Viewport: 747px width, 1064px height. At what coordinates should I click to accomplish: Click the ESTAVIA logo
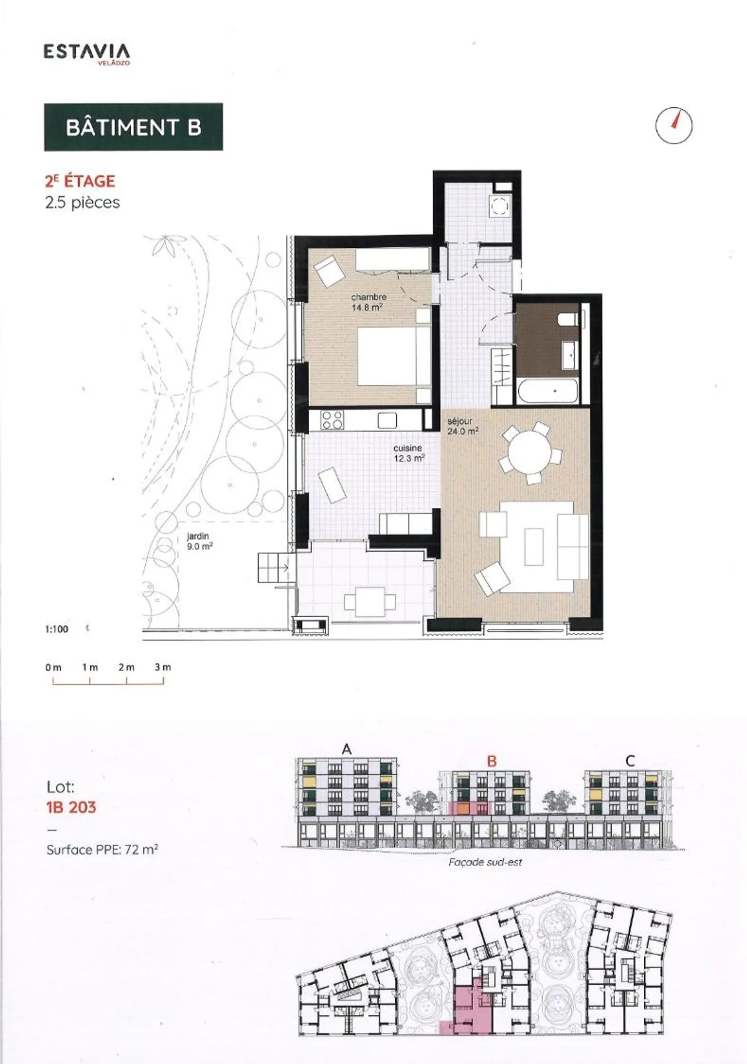86,53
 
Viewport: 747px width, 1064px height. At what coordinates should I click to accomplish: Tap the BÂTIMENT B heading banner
133,127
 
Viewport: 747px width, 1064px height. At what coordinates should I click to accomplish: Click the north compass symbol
674,125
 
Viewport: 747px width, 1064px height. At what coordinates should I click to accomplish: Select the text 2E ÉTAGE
80,181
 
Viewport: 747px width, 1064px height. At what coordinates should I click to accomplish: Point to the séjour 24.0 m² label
462,426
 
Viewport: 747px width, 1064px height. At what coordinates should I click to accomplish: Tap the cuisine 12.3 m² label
408,453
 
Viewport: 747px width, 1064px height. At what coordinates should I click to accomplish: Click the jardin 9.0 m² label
199,542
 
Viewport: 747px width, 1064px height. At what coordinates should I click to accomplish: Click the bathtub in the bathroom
547,392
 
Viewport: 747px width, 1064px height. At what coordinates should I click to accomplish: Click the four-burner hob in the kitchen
332,420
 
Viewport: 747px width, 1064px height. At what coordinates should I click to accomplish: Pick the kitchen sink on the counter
387,420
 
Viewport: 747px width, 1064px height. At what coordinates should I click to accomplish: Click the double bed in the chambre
393,356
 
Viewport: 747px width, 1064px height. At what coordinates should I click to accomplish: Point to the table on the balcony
370,602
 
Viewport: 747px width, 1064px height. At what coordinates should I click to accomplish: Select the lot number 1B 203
71,807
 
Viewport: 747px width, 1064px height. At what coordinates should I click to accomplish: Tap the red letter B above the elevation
491,761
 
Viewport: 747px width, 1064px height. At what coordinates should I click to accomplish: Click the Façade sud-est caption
485,862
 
